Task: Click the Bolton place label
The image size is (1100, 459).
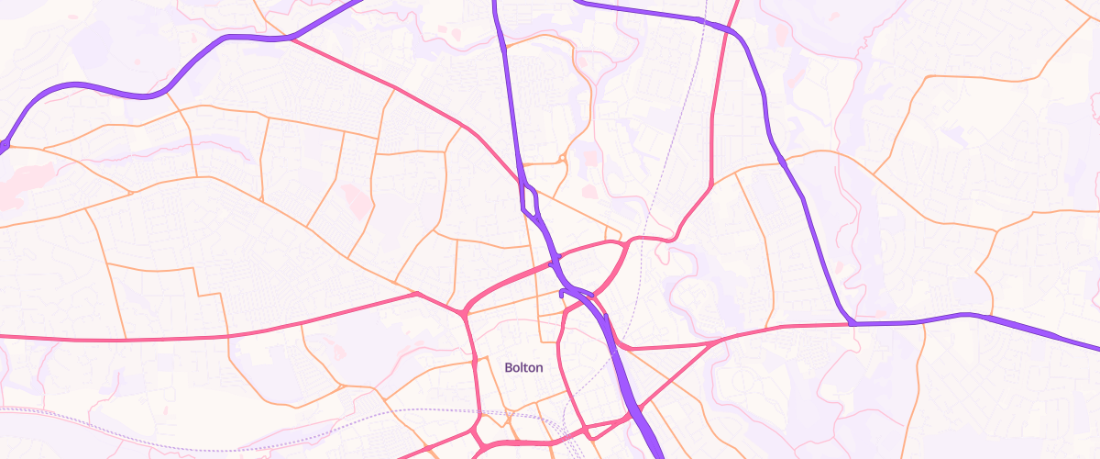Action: pos(523,367)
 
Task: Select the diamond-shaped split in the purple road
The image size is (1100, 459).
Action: pos(530,197)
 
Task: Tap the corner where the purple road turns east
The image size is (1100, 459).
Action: pos(852,323)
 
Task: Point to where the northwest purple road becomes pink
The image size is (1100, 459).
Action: pos(291,39)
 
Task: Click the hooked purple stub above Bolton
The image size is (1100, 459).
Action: pos(562,294)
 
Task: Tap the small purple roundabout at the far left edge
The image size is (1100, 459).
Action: pos(3,144)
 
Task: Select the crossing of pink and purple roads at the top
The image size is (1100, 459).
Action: pos(731,30)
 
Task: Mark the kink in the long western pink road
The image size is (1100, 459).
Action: pos(416,294)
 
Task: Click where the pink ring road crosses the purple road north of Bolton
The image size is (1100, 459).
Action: pos(554,264)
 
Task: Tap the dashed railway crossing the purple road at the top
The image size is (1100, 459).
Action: pos(704,21)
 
